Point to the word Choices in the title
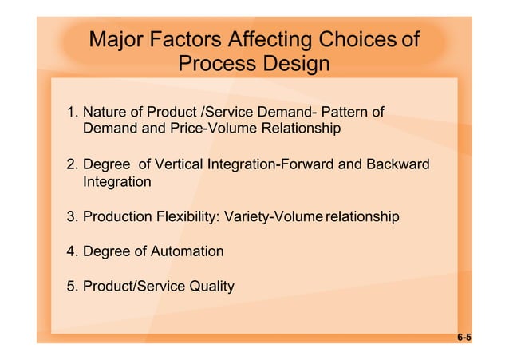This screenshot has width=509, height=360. [358, 39]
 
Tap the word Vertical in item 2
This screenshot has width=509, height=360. [180, 165]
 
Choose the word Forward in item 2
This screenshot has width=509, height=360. [303, 165]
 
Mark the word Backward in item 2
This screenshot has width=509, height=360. [397, 165]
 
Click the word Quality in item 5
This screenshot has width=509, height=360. [211, 287]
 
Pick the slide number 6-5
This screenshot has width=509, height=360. [464, 338]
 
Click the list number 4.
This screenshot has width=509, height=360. [72, 252]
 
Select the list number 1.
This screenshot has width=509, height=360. [72, 111]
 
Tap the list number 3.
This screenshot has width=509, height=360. [72, 217]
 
